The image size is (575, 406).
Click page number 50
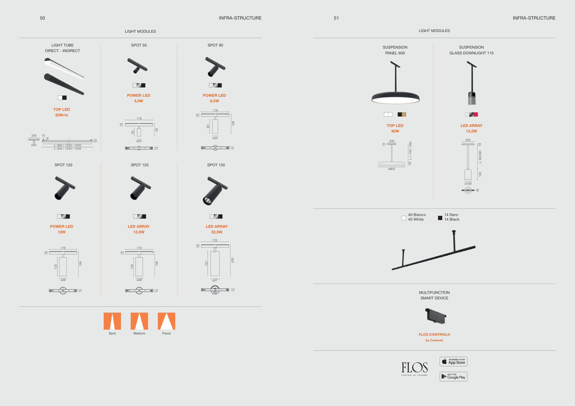click(x=42, y=18)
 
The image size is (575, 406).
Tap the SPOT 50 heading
click(x=139, y=45)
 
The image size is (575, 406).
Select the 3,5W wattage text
click(x=139, y=101)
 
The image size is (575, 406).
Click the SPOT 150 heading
click(x=216, y=165)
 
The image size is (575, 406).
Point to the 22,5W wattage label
click(x=217, y=232)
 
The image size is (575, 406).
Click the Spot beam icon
click(x=112, y=321)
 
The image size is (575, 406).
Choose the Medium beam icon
click(x=139, y=321)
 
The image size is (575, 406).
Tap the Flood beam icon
click(x=166, y=321)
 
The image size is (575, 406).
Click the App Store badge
click(x=453, y=361)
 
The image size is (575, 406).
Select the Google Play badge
click(x=453, y=377)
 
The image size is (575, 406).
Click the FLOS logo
click(x=414, y=369)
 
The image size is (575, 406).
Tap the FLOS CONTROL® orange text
click(x=434, y=335)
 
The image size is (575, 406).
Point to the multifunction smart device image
click(x=436, y=316)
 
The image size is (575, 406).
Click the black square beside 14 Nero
click(x=440, y=218)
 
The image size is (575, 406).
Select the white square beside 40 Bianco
click(x=403, y=218)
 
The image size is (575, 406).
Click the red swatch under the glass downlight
click(x=476, y=114)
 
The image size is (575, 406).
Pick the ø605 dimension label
click(x=392, y=169)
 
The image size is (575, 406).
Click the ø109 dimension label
click(x=468, y=184)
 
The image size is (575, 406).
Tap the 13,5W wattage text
click(x=471, y=131)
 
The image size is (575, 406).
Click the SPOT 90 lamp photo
click(x=215, y=67)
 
